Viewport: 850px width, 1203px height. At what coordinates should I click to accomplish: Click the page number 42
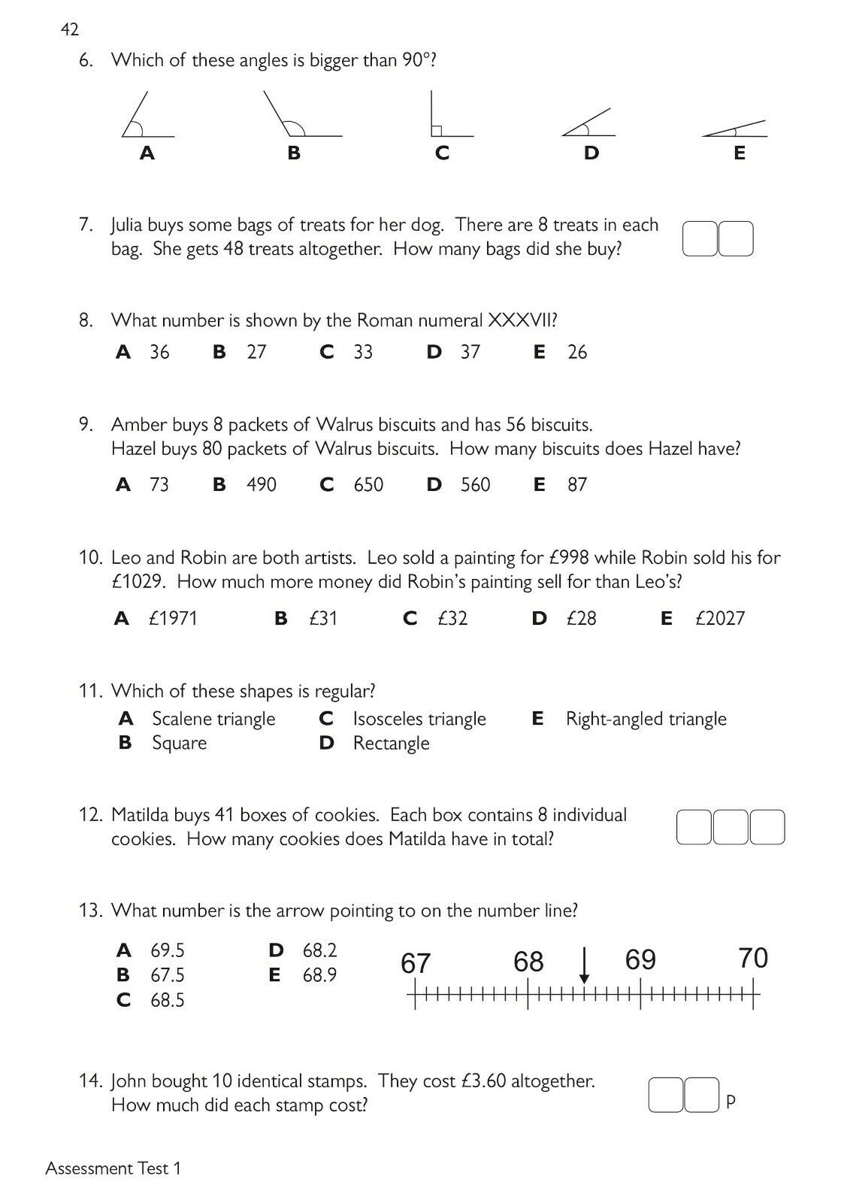pyautogui.click(x=69, y=29)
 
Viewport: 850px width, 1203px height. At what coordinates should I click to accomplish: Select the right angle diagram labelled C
pyautogui.click(x=448, y=117)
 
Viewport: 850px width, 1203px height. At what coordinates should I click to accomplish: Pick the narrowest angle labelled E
pyautogui.click(x=736, y=129)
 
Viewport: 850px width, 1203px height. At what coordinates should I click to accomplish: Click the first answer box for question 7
pyautogui.click(x=700, y=238)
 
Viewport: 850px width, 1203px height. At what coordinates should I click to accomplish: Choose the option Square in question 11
pyautogui.click(x=179, y=744)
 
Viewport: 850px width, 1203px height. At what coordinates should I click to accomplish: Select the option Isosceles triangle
pyautogui.click(x=419, y=720)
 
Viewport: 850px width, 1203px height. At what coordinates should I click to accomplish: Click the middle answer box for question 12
pyautogui.click(x=731, y=827)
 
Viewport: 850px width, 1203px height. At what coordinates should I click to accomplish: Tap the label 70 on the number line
pyautogui.click(x=752, y=959)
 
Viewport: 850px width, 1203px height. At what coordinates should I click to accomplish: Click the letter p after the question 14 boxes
pyautogui.click(x=731, y=1101)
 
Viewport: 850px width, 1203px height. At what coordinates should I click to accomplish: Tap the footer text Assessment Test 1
pyautogui.click(x=113, y=1168)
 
